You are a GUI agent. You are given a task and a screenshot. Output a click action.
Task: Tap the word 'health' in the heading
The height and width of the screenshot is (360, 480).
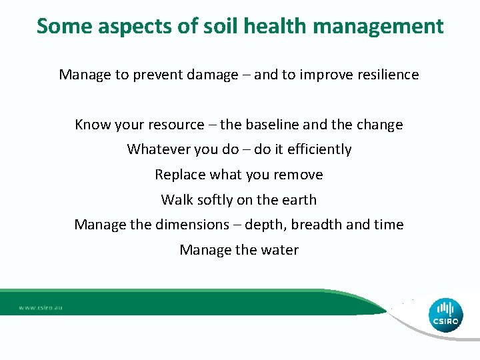pyautogui.click(x=273, y=26)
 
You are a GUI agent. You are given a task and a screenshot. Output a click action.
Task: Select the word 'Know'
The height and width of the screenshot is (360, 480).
pyautogui.click(x=91, y=125)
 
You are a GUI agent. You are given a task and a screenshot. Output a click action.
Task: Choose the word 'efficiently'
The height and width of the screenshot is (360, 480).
pyautogui.click(x=319, y=149)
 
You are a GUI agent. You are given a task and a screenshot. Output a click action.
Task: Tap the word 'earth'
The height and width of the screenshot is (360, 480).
pyautogui.click(x=299, y=199)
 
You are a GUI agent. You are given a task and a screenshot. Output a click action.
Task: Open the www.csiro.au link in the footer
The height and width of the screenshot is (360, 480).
pyautogui.click(x=41, y=308)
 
